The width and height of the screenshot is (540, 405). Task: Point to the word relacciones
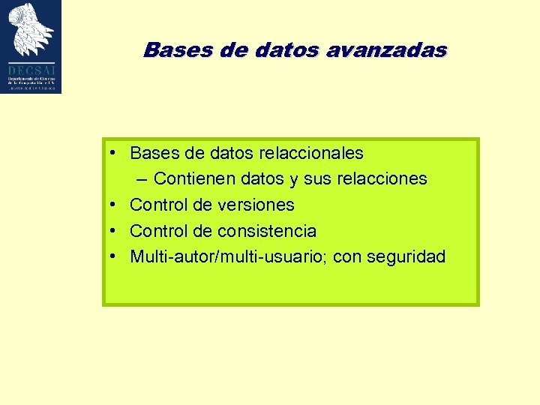tap(382, 179)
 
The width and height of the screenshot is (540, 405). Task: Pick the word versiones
tap(255, 205)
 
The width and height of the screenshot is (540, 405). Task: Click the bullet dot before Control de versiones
tap(111, 204)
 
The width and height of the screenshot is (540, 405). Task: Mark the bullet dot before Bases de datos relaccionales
tap(111, 152)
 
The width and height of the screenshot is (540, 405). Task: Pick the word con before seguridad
tap(346, 257)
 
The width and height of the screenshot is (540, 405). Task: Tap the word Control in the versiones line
tap(157, 205)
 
